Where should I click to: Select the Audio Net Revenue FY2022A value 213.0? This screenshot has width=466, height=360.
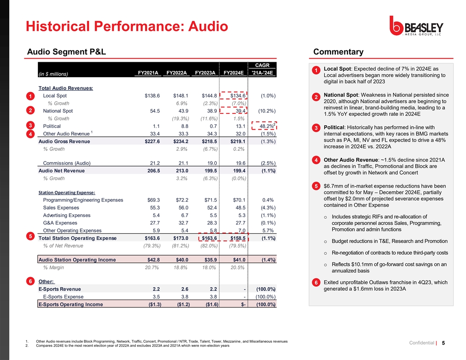pyautogui.click(x=181, y=171)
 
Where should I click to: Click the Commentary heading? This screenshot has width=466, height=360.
pyautogui.click(x=338, y=52)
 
